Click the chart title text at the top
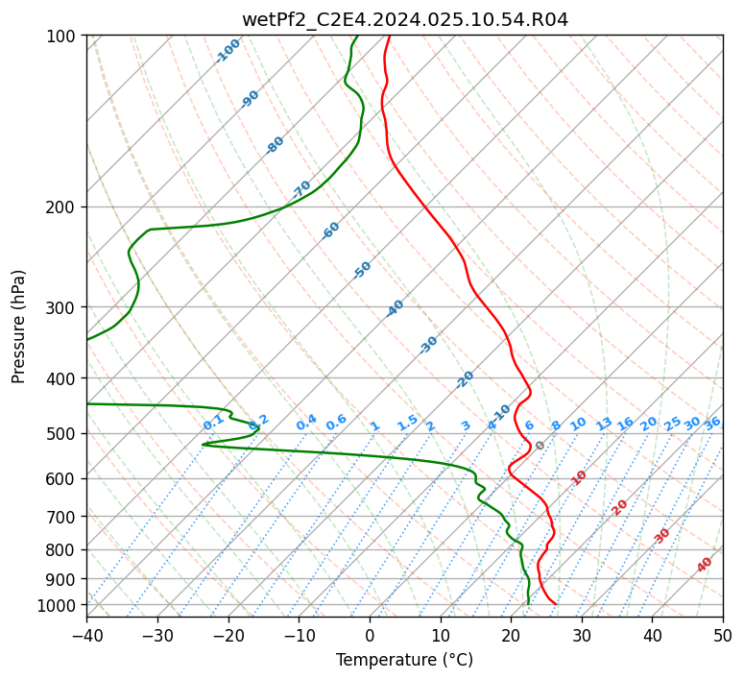[x=404, y=19]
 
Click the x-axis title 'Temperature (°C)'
[x=404, y=660]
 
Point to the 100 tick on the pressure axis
[x=62, y=36]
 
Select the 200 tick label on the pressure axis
[x=62, y=206]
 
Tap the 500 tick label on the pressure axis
[x=62, y=433]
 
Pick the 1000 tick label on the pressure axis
[x=59, y=605]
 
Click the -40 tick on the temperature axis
[x=86, y=636]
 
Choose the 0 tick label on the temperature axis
[x=370, y=636]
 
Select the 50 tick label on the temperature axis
[x=723, y=636]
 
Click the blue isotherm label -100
[x=228, y=51]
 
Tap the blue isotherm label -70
[x=301, y=189]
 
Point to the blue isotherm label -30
[x=428, y=345]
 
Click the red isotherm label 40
[x=705, y=565]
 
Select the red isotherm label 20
[x=620, y=506]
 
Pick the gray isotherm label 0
[x=540, y=446]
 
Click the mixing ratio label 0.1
[x=214, y=422]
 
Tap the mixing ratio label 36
[x=712, y=423]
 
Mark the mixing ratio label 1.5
[x=408, y=422]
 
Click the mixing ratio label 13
[x=604, y=424]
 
